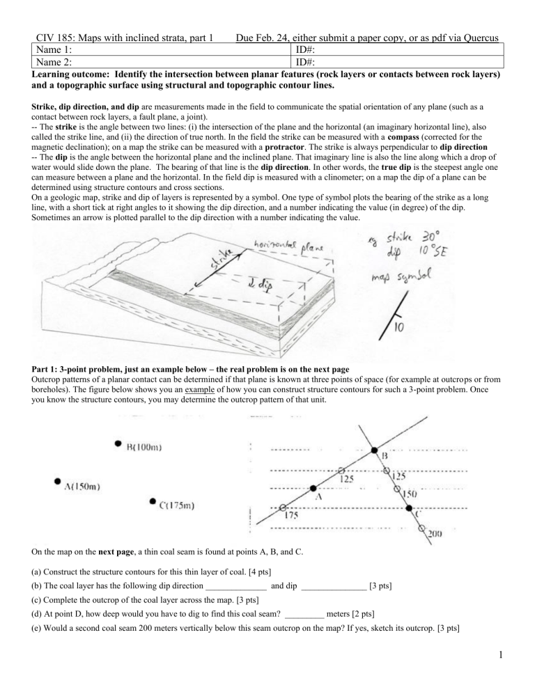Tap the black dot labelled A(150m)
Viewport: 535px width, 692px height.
[x=56, y=481]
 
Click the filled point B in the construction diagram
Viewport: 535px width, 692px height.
[x=375, y=450]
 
